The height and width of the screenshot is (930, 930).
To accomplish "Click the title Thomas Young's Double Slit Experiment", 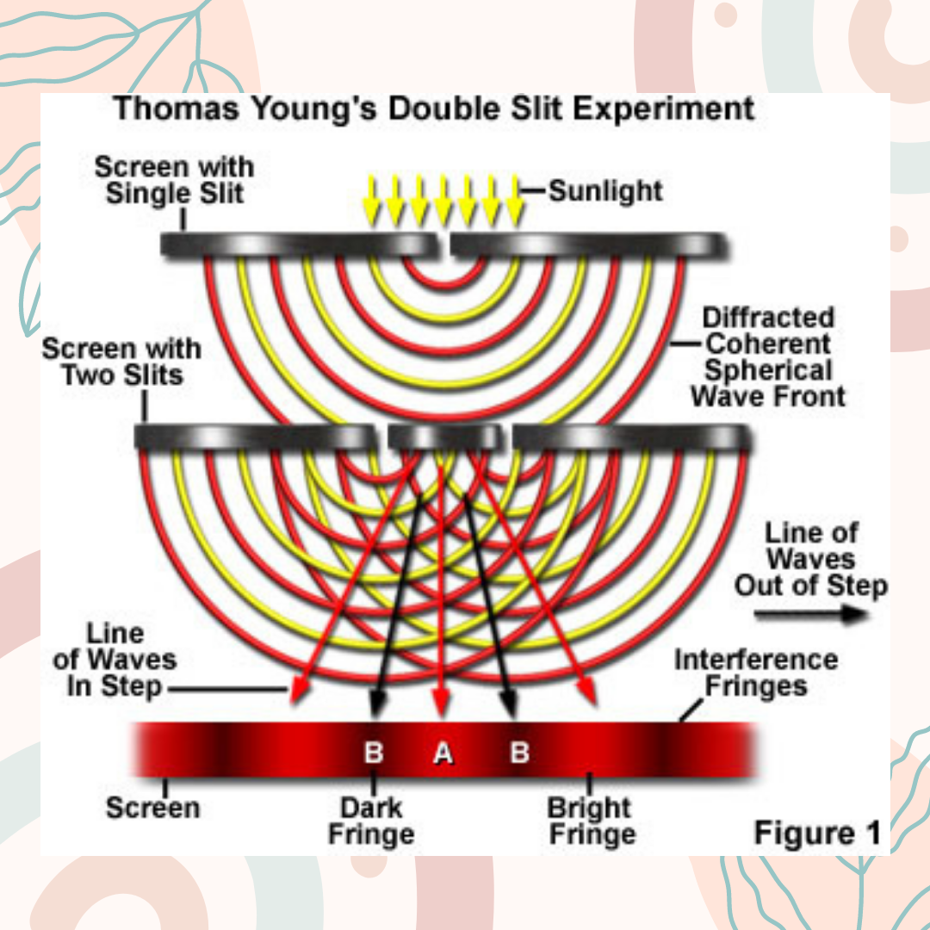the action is coord(435,110).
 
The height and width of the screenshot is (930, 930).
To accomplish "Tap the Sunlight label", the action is coord(605,190).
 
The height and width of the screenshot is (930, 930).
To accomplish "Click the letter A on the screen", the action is coord(443,753).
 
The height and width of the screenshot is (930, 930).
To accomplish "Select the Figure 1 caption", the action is coord(817,833).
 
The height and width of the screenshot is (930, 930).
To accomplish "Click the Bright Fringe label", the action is coord(592,821).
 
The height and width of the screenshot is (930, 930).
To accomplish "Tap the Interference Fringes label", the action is coord(755,673).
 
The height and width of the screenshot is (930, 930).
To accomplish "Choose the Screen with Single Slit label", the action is coord(174,179).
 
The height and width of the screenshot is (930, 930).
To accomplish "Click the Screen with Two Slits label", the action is coord(121,362).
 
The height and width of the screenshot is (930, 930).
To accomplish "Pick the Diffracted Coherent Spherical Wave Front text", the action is coord(768,356).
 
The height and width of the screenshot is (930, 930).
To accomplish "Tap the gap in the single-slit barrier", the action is coord(443,246).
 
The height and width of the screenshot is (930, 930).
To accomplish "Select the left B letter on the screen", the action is coord(374,753).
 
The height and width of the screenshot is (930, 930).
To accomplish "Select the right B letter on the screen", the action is coord(519,753).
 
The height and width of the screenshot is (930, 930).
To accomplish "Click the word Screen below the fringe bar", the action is coord(152,808).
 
